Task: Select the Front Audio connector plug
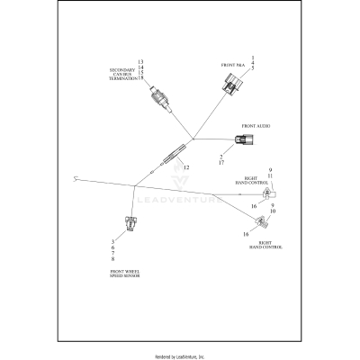point(244,140)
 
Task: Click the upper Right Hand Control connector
point(268,194)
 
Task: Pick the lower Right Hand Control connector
point(257,222)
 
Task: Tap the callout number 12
point(185,168)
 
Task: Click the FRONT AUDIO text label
point(256,126)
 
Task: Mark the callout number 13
point(140,61)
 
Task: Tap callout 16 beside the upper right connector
point(255,205)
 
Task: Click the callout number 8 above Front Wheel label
point(112,258)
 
